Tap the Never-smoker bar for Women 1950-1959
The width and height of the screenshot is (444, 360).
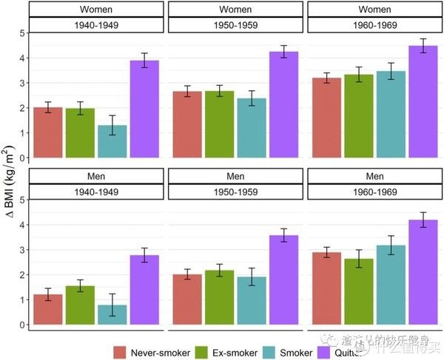pyautogui.click(x=187, y=125)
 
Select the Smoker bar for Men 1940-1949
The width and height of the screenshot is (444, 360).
pyautogui.click(x=112, y=315)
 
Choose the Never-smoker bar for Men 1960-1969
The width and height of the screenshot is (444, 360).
pyautogui.click(x=326, y=288)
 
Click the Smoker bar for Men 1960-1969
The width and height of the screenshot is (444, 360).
pyautogui.click(x=391, y=285)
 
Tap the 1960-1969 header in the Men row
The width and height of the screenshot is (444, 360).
pyautogui.click(x=374, y=192)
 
